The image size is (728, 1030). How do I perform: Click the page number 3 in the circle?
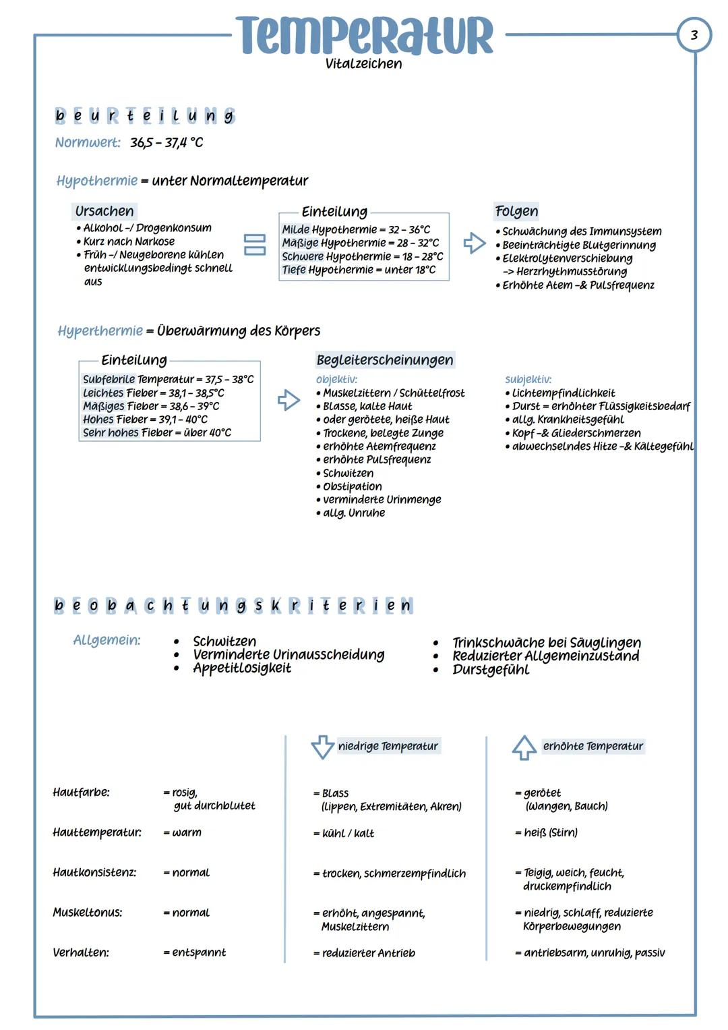[694, 34]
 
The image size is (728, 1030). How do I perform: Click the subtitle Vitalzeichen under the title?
[363, 64]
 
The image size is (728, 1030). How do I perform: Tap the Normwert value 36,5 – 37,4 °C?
[166, 143]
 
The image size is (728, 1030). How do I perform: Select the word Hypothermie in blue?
[97, 181]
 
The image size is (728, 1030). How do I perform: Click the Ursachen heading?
[104, 211]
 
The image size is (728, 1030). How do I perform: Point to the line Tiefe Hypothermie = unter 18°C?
[359, 270]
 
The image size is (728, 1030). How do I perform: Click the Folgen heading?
[516, 211]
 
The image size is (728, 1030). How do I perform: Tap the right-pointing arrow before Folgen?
[475, 243]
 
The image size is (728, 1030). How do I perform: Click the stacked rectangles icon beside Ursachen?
[254, 244]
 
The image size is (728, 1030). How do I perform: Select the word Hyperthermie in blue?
[100, 331]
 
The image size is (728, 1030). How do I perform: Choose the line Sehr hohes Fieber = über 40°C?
[157, 432]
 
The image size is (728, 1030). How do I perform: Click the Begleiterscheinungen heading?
[385, 360]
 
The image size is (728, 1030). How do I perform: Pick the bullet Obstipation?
[352, 486]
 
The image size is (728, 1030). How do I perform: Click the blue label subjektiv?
[528, 380]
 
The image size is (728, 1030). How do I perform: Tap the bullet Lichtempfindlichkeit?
[563, 393]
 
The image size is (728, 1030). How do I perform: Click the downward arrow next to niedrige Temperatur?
[322, 747]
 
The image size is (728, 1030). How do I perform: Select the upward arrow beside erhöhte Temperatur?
[524, 747]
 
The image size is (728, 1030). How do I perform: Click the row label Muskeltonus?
[88, 913]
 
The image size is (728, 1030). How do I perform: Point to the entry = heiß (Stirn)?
[547, 833]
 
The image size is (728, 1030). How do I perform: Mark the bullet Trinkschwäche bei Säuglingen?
[546, 643]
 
